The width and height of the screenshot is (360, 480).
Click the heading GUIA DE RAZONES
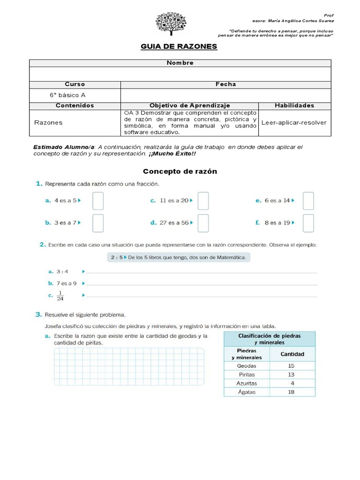click(x=179, y=47)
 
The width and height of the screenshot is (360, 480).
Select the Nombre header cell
click(x=180, y=63)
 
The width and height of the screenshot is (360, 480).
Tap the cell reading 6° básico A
click(x=67, y=95)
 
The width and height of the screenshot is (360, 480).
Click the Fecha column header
click(x=225, y=84)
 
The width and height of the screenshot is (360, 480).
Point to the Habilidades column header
click(x=294, y=105)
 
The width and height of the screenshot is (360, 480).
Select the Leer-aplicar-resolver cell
click(x=294, y=122)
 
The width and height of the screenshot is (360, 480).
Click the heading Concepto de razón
click(x=180, y=171)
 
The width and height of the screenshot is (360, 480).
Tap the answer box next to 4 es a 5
click(x=97, y=201)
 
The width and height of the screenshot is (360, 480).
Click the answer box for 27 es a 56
click(x=203, y=223)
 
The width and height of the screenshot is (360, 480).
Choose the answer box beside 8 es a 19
click(x=308, y=223)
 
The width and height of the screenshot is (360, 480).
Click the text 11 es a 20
click(x=174, y=201)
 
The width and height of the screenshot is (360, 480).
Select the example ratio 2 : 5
click(x=115, y=257)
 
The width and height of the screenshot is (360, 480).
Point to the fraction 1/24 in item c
click(x=60, y=295)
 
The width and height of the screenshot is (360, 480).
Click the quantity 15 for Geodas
click(x=292, y=365)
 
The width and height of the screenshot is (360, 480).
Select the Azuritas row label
click(x=247, y=383)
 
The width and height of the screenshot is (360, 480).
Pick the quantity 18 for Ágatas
click(x=292, y=392)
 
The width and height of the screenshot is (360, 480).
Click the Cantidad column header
click(x=292, y=354)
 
